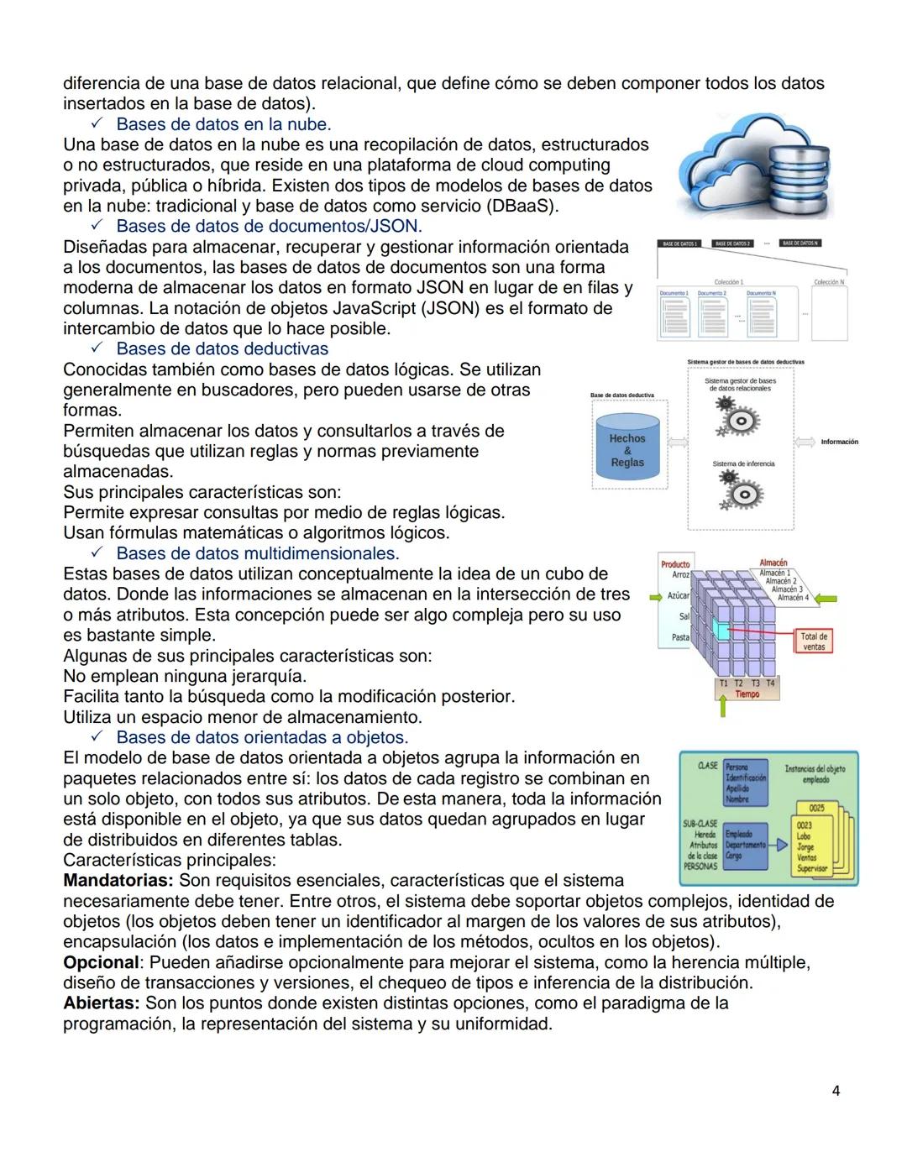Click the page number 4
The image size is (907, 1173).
[835, 1091]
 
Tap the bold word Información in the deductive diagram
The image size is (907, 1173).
[839, 442]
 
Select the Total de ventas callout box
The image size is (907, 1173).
[813, 642]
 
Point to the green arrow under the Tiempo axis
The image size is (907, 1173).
[722, 708]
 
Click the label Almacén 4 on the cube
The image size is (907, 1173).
[793, 598]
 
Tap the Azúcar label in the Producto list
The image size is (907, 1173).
[678, 595]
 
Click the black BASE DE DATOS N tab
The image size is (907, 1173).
[800, 244]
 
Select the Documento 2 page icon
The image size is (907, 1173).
[712, 316]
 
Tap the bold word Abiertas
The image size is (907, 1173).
[102, 1003]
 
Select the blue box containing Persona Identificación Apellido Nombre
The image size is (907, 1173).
[746, 783]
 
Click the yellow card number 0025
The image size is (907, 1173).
[816, 808]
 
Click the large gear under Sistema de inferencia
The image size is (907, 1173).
[742, 496]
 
